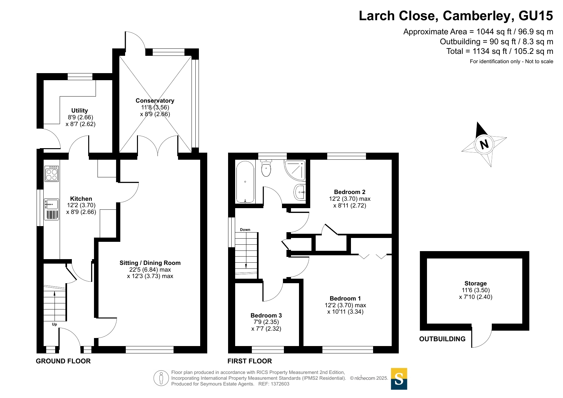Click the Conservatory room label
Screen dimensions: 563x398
[x=155, y=101]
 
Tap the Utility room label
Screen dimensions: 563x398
[x=80, y=111]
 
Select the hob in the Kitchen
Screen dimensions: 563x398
[x=52, y=174]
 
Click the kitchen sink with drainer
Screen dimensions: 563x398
[x=52, y=209]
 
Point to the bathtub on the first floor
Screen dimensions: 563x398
[x=245, y=182]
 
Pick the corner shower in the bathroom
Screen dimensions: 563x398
[x=295, y=170]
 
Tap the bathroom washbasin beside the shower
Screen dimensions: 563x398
[x=300, y=192]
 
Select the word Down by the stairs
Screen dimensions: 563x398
[x=245, y=230]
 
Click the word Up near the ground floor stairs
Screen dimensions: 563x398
[x=55, y=324]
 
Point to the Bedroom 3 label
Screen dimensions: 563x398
[x=266, y=316]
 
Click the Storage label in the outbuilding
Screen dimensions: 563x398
[x=475, y=284]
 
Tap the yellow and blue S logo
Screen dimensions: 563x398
[x=399, y=379]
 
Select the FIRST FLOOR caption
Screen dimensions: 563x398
[x=250, y=361]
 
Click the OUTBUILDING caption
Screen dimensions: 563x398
[x=442, y=339]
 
